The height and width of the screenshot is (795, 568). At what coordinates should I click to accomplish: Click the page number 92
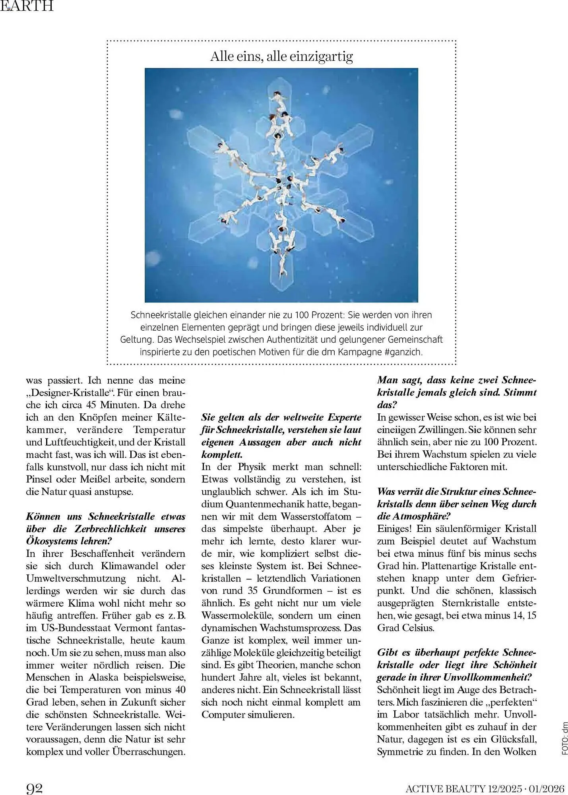34,787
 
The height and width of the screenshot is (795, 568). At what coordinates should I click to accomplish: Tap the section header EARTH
27,6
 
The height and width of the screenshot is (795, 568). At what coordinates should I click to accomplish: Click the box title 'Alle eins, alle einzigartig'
281,56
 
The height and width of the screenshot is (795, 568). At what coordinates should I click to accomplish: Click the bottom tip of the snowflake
282,289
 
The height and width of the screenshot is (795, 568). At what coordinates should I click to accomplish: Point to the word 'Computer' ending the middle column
223,714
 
